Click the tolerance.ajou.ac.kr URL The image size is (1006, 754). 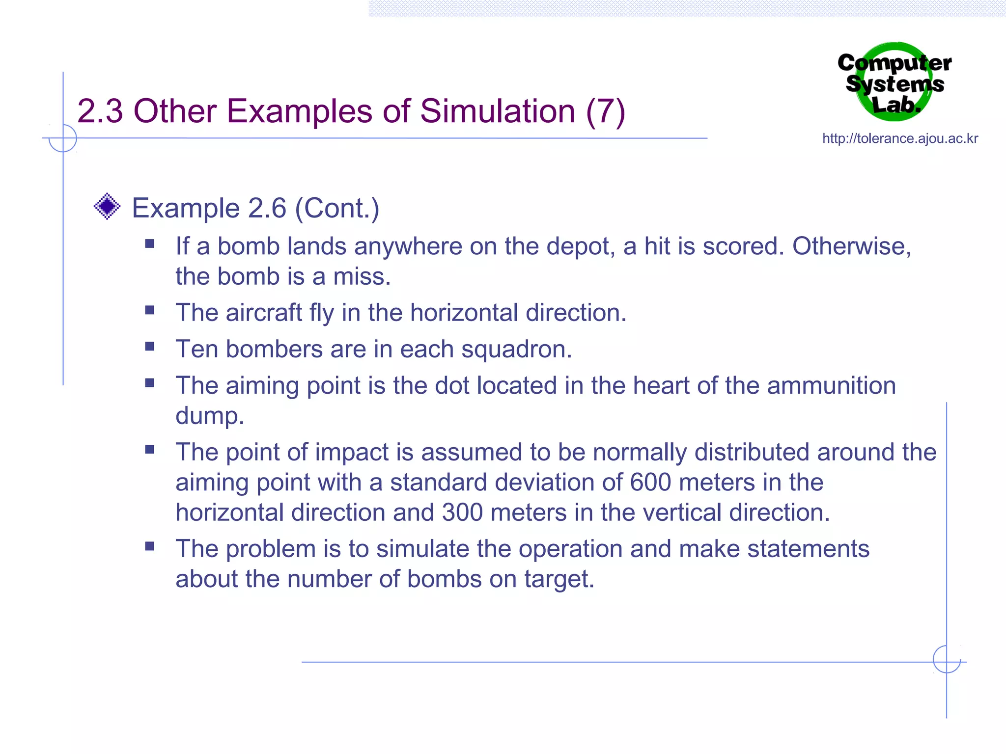click(x=900, y=138)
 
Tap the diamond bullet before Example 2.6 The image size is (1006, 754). click(x=107, y=207)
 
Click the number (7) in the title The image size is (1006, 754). click(x=605, y=111)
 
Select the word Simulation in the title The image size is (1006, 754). click(x=497, y=111)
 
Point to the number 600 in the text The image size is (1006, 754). click(x=650, y=482)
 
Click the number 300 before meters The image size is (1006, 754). click(x=462, y=512)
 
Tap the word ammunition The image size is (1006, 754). click(x=831, y=385)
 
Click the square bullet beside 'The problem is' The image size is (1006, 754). click(x=150, y=546)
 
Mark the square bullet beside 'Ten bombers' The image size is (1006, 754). click(x=150, y=347)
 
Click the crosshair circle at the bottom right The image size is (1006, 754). click(x=947, y=659)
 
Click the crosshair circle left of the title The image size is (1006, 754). click(x=63, y=138)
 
